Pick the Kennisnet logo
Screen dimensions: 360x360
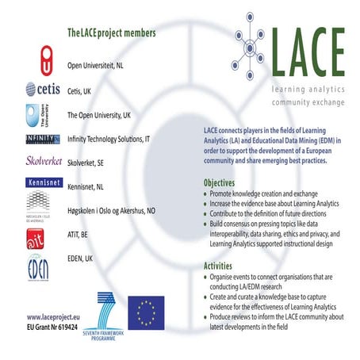pyautogui.click(x=42, y=187)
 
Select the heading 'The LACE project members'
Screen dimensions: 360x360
pyautogui.click(x=111, y=33)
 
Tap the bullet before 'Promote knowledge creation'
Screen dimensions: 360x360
pyautogui.click(x=207, y=194)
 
